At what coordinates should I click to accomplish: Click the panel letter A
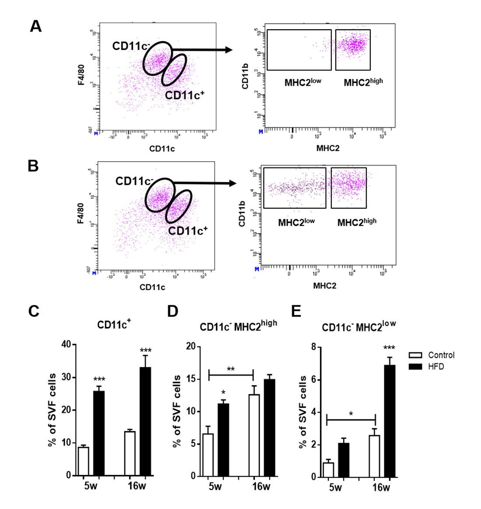(x=36, y=26)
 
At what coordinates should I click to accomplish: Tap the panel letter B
(x=33, y=166)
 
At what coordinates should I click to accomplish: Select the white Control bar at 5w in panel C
(x=83, y=461)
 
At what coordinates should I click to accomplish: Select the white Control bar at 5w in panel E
(x=328, y=470)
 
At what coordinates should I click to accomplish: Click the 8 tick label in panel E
(x=314, y=347)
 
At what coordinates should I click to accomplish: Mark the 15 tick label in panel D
(x=189, y=379)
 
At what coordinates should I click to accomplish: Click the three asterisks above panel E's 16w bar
(x=389, y=349)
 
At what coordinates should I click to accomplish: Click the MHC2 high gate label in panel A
(x=363, y=82)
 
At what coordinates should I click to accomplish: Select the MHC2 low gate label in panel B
(x=296, y=222)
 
